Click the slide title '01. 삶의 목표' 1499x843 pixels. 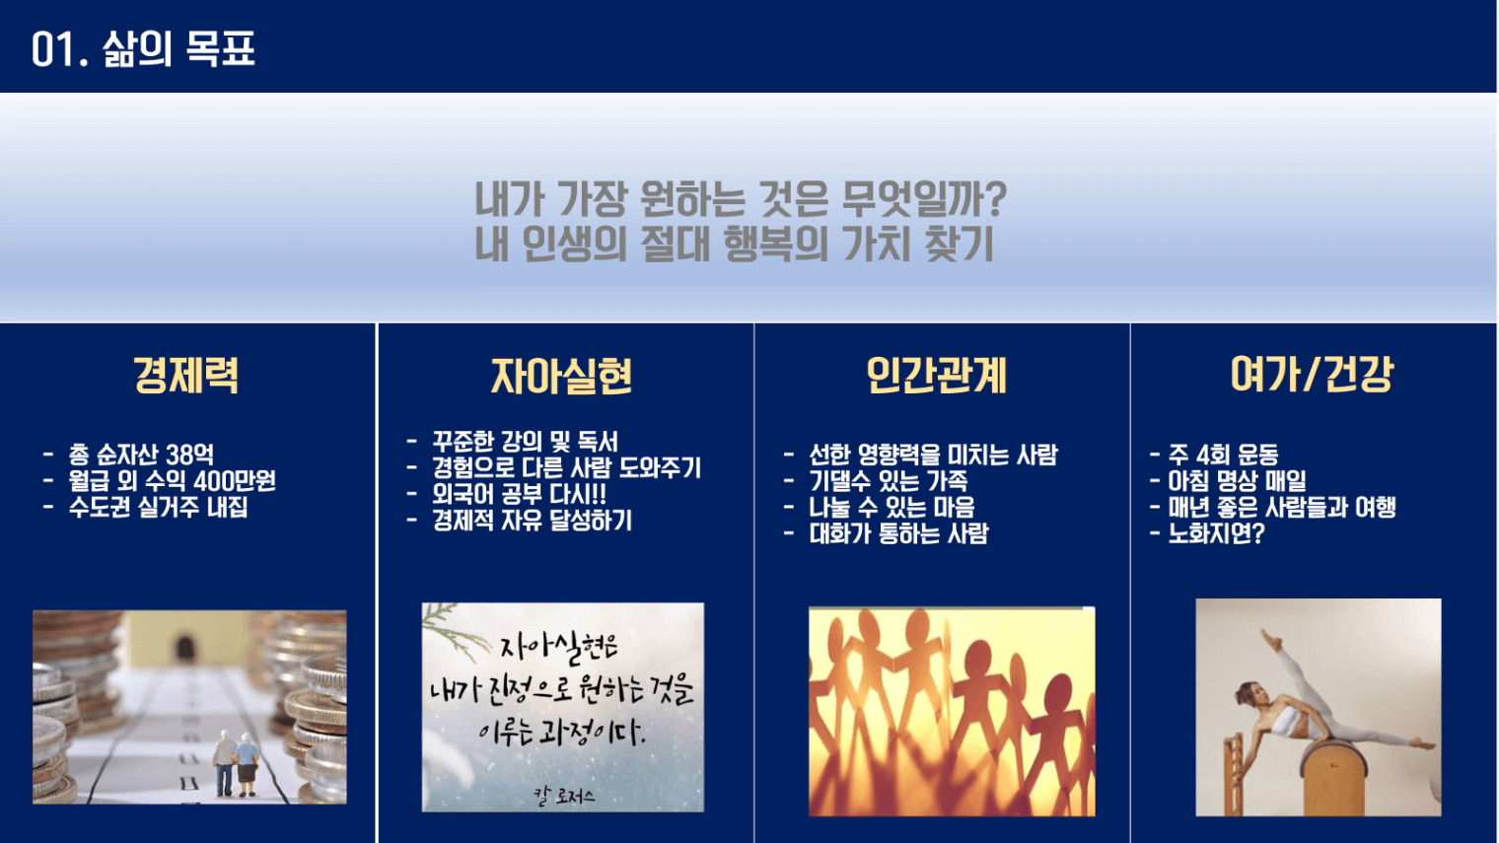(143, 48)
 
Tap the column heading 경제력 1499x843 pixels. (186, 376)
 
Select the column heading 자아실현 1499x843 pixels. (561, 376)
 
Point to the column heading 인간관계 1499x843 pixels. (936, 376)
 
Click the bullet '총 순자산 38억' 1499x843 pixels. (141, 455)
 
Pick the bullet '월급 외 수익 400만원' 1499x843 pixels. (172, 481)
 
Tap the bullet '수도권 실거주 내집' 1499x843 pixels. (158, 507)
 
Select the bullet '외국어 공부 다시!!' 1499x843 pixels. (520, 494)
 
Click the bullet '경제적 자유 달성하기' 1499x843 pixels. (532, 521)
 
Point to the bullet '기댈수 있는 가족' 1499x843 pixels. (888, 481)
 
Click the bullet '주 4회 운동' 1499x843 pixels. (1223, 455)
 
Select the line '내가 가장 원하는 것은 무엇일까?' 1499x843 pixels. (741, 199)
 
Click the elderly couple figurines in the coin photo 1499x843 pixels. (236, 763)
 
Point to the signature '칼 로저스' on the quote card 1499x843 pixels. (563, 796)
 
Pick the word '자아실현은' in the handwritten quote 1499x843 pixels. (559, 647)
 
